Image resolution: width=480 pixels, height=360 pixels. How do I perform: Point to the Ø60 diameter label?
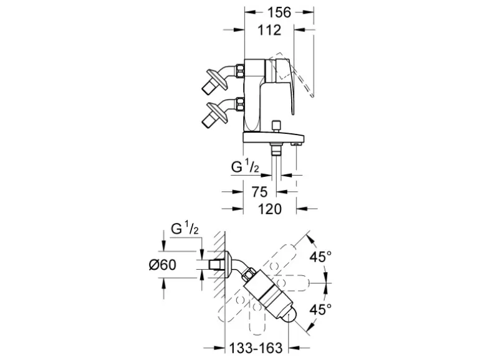click(x=163, y=265)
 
